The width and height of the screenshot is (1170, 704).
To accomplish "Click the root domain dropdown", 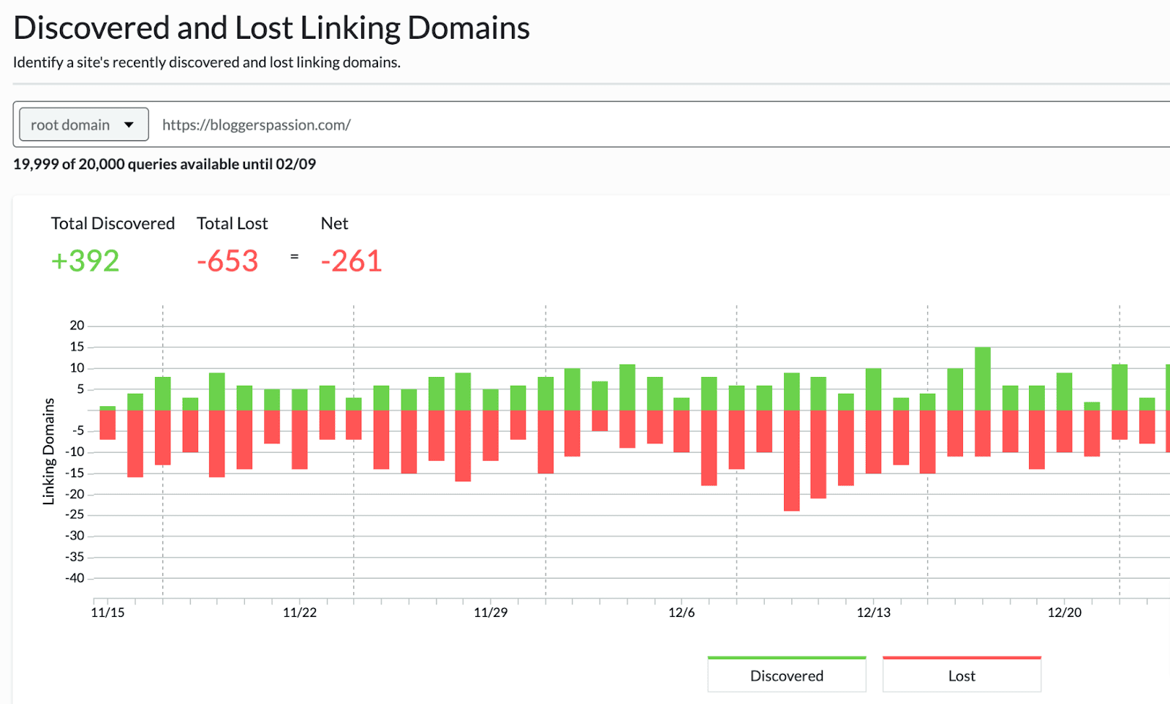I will point(83,124).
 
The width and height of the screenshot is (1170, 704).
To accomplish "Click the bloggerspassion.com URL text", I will point(256,125).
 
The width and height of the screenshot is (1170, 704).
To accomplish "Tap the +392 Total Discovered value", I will point(85,261).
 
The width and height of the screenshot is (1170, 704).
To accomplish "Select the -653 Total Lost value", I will point(227,261).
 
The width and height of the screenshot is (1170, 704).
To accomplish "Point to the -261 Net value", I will point(351,261).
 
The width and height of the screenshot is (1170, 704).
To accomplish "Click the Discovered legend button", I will point(786,675).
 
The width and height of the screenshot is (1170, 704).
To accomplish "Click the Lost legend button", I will point(961,675).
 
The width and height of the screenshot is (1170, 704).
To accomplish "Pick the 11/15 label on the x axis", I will point(107,613).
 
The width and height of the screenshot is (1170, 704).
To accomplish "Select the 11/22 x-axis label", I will point(300,613).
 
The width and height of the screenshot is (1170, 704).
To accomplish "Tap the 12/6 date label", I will point(682,613).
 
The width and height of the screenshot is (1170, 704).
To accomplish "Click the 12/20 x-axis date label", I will point(1064,613).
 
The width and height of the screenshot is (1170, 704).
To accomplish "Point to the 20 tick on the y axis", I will point(77,326).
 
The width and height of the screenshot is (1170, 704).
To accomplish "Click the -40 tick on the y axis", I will point(75,578).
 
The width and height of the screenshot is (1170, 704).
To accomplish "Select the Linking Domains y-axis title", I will point(49,451).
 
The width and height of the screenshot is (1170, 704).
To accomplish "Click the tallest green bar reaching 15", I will point(983,379).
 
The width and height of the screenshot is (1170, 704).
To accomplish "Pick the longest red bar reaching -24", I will point(791,460).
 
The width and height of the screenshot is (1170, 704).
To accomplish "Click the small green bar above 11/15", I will point(107,408).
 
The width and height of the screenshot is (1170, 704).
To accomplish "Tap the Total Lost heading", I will point(232,224).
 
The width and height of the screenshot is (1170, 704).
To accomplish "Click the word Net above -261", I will point(334,224).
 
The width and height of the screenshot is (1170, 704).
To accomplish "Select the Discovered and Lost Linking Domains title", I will point(271,29).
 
